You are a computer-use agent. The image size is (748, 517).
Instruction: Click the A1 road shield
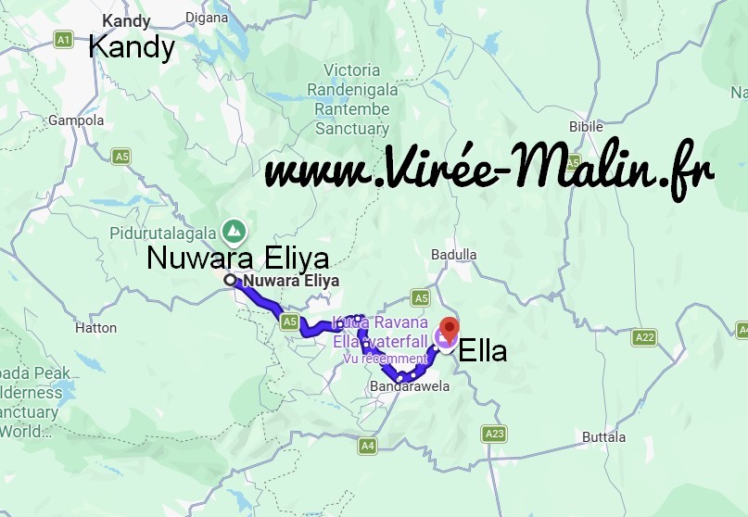(63, 40)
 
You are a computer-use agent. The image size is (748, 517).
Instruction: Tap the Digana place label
(206, 17)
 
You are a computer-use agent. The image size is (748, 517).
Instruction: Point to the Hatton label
(96, 327)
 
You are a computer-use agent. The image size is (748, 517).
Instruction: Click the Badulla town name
(453, 255)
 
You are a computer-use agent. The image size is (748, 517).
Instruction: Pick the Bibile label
(585, 126)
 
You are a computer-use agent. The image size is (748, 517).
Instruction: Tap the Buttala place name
(603, 436)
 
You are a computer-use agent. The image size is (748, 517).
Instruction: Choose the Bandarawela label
(409, 385)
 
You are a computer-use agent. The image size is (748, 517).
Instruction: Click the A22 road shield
(644, 338)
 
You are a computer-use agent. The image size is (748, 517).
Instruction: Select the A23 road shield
(495, 433)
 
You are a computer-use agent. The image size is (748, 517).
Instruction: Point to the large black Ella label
(483, 352)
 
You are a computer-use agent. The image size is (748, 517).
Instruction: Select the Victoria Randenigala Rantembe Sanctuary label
(352, 100)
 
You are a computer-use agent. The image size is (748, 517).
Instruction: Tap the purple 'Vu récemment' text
(385, 359)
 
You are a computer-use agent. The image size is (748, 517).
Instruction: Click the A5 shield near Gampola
(121, 157)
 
